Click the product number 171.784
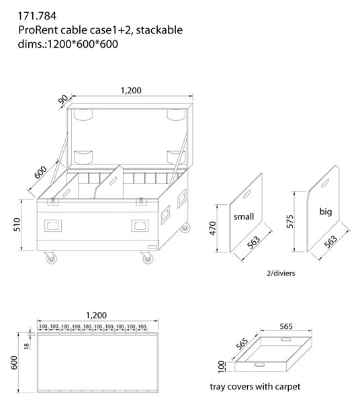click(37, 16)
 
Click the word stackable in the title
click(159, 30)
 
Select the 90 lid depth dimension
click(63, 99)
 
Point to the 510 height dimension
click(17, 224)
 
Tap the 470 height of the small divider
click(213, 228)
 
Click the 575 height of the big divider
click(289, 221)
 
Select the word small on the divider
click(244, 216)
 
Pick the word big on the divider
click(326, 212)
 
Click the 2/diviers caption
click(281, 273)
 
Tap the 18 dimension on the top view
click(26, 346)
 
